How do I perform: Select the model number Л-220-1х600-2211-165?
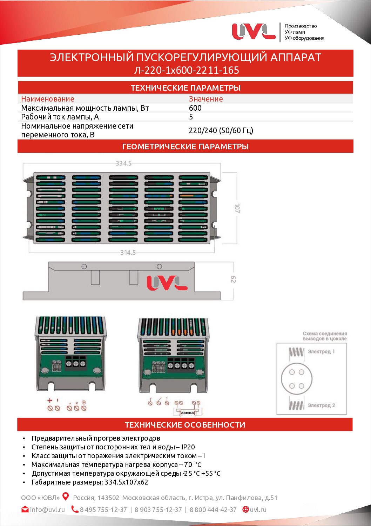186,70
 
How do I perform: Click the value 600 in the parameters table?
195,108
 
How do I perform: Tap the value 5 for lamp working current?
191,117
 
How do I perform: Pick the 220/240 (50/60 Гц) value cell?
221,130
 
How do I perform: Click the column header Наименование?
48,99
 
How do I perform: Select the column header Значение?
206,99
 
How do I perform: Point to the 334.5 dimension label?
123,163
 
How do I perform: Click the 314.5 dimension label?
128,252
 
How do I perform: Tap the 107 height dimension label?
237,208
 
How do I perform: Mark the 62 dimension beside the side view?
233,279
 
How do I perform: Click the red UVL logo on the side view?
167,283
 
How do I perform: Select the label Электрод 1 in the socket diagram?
321,351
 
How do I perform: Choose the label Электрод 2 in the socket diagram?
321,405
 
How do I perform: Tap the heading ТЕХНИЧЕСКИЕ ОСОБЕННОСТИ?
185,425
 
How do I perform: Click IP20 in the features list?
188,447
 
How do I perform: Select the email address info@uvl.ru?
47,509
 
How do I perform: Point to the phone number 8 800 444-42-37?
213,509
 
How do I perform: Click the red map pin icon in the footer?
66,496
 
